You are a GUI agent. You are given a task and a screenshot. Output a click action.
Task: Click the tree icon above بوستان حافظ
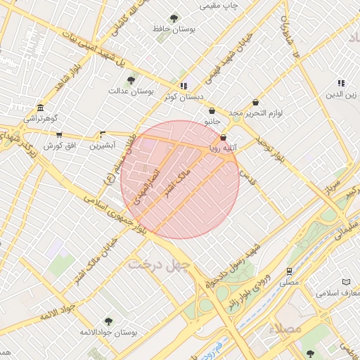(174, 18)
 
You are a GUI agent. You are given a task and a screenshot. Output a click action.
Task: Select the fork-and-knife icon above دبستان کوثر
(183, 86)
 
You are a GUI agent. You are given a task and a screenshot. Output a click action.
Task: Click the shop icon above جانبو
(212, 110)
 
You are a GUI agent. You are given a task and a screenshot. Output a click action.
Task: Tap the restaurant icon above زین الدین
(341, 83)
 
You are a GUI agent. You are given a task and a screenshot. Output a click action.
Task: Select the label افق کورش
(59, 146)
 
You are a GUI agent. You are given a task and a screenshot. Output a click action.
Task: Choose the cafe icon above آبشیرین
(103, 134)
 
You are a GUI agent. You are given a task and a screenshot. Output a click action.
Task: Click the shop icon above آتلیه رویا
(224, 137)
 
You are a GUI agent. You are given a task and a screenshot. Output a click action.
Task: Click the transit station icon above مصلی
(288, 271)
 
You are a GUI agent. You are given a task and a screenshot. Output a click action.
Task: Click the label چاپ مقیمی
(219, 6)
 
